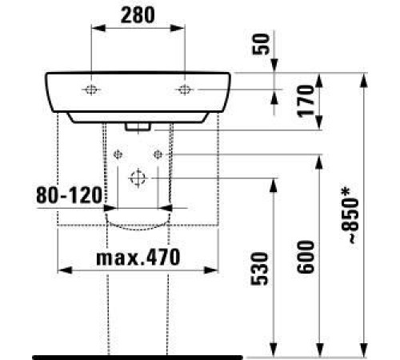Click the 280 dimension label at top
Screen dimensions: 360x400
tap(138, 14)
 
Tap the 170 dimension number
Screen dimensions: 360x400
tap(303, 100)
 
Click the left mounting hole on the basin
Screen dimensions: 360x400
tap(93, 89)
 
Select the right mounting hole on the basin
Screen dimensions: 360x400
tap(185, 89)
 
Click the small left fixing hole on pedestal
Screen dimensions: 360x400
tap(119, 153)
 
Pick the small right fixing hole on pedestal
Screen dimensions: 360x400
tap(158, 153)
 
